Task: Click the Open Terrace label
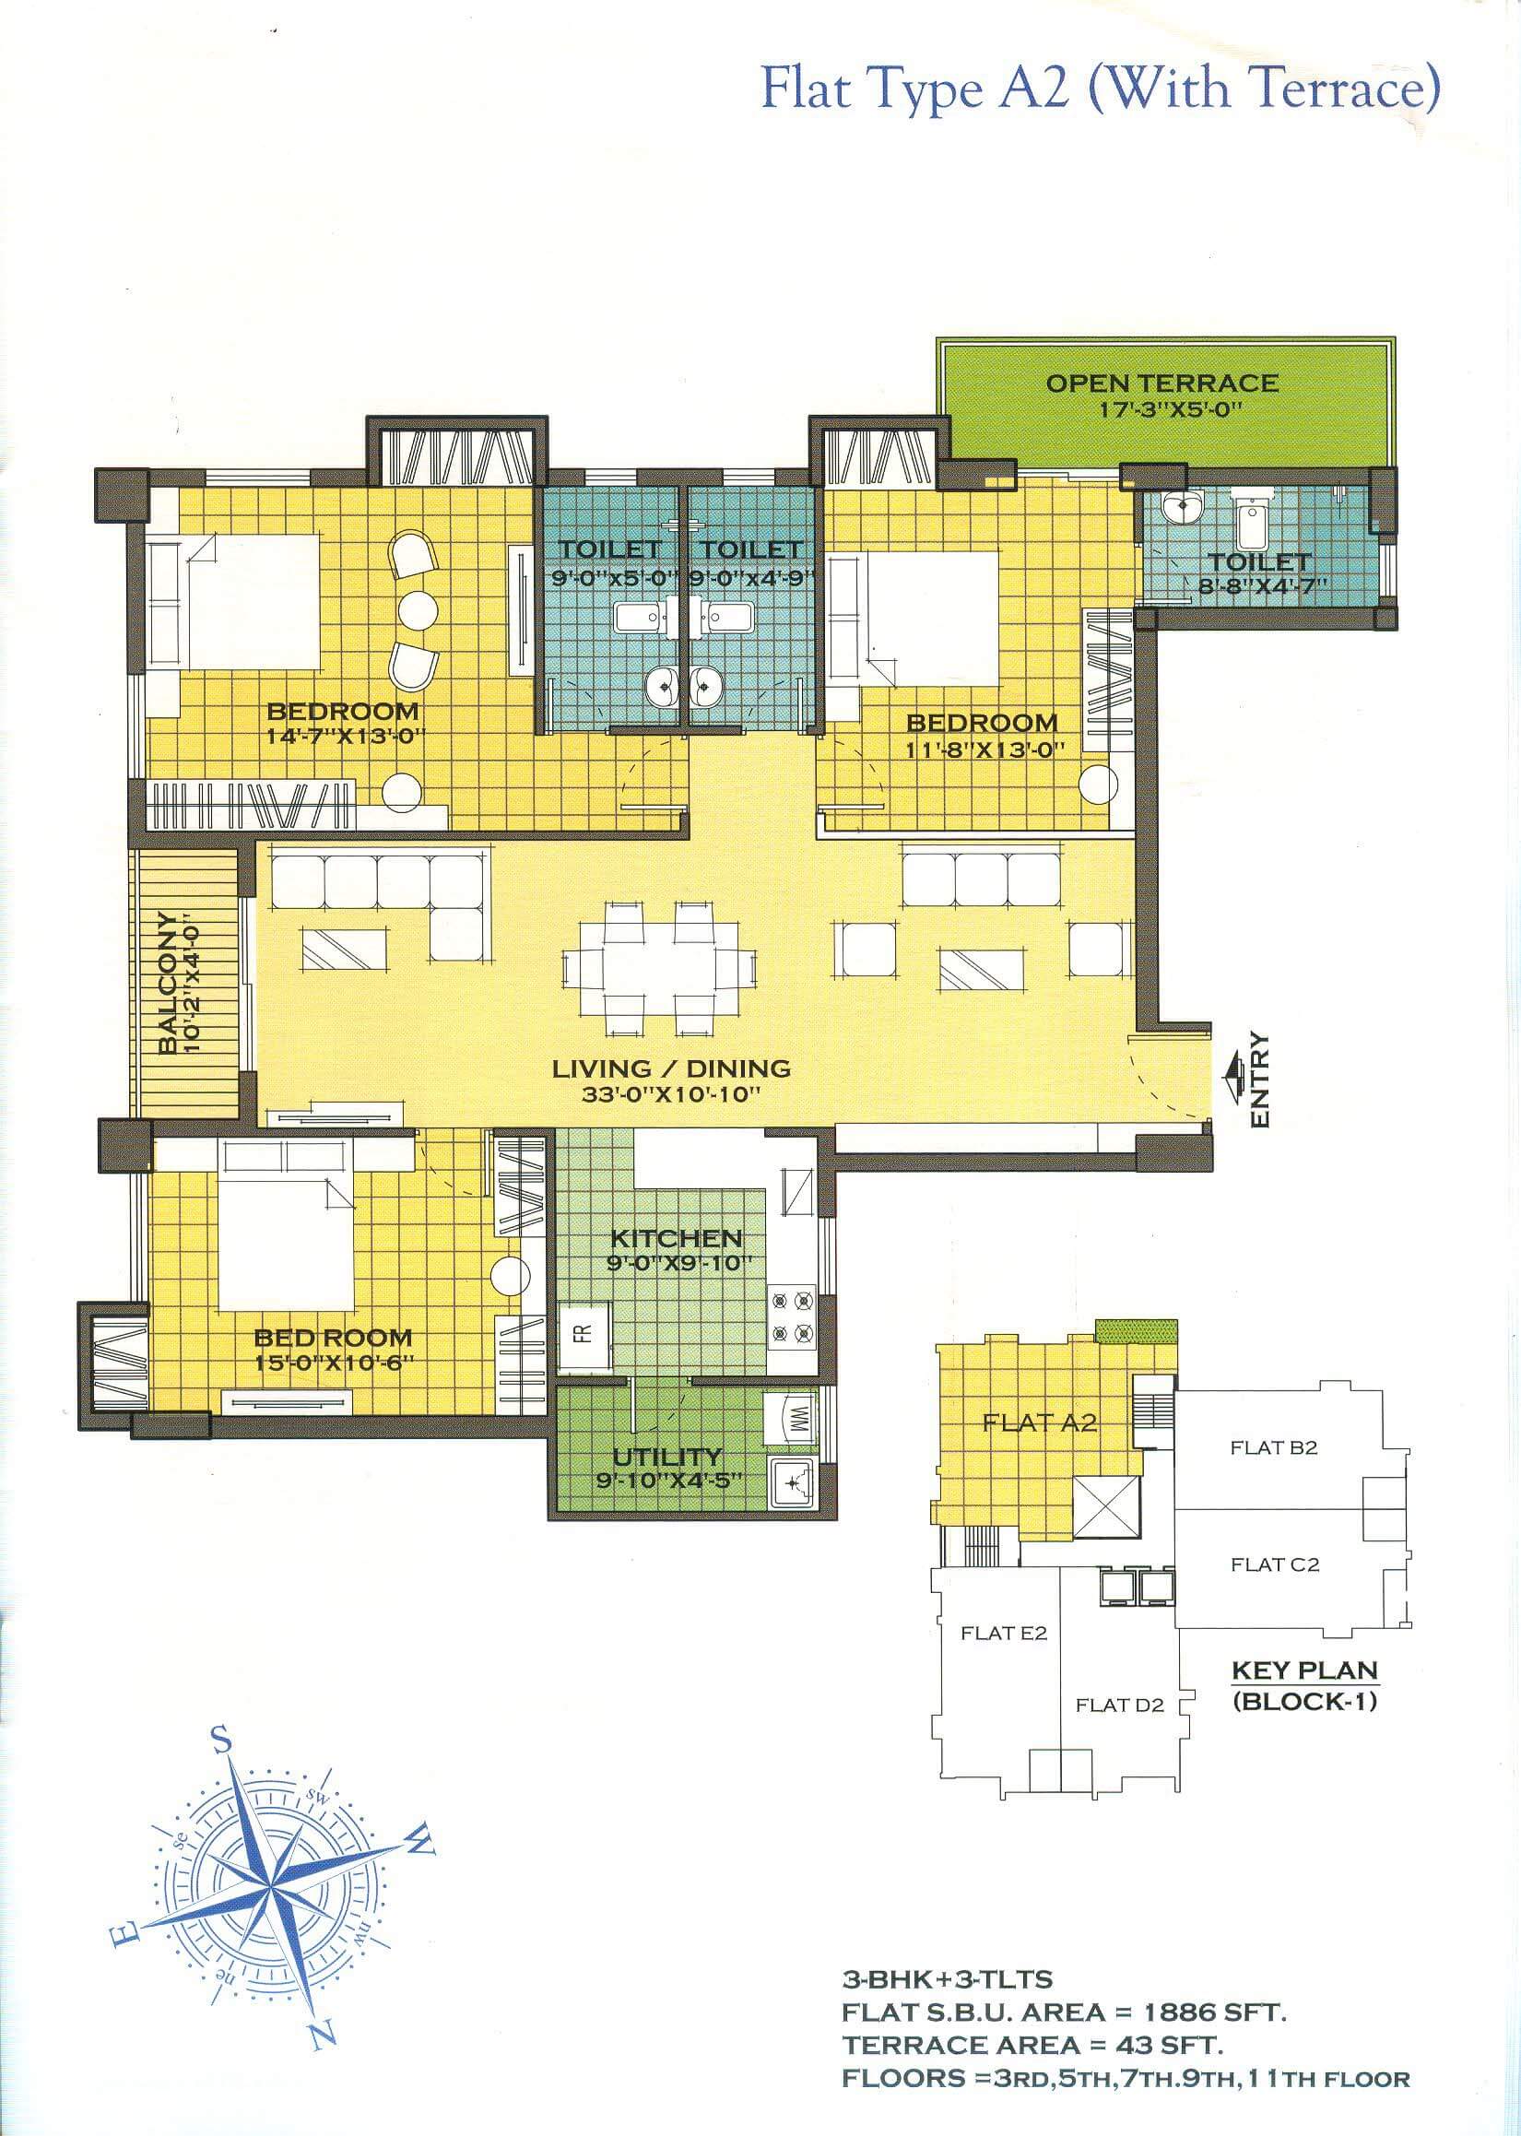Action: [1161, 383]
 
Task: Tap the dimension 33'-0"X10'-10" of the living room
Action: [667, 1094]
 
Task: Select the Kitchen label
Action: [677, 1238]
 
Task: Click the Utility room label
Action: [666, 1457]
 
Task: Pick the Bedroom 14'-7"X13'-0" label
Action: [343, 711]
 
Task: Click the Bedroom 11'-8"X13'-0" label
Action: [982, 723]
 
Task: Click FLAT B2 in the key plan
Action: [1273, 1447]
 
